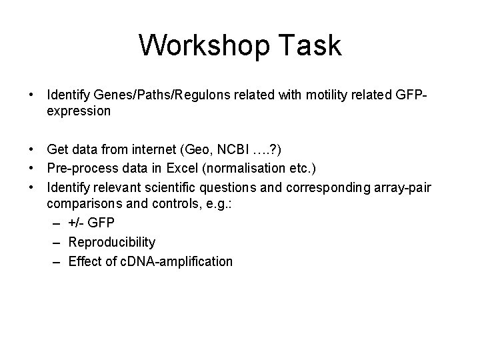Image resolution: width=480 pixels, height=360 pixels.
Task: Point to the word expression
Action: coord(79,112)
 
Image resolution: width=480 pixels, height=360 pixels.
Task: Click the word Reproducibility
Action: coord(112,242)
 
